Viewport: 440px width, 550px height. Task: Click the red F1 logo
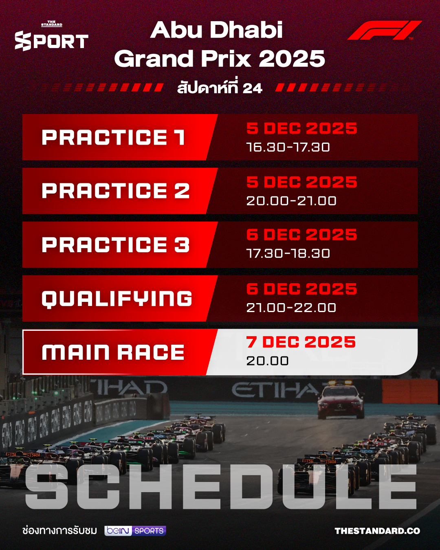click(384, 30)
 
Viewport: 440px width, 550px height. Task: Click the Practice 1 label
click(114, 138)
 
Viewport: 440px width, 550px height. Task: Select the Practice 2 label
click(116, 191)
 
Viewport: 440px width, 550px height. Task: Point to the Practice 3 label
click(116, 245)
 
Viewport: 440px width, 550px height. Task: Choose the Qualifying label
click(117, 299)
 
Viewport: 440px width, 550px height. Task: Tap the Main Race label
click(113, 352)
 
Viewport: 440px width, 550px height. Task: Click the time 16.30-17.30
click(288, 147)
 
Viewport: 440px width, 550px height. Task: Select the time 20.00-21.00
click(291, 201)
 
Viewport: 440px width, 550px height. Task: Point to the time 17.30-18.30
click(288, 253)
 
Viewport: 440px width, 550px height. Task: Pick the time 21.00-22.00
click(291, 308)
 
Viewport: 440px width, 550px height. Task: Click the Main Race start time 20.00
click(267, 361)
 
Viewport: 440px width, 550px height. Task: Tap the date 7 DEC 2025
click(301, 342)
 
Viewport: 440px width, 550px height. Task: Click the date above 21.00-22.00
click(301, 289)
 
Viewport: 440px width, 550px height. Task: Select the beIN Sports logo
click(135, 531)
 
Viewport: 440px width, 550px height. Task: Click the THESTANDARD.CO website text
click(377, 531)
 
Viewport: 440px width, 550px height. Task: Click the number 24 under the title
click(252, 88)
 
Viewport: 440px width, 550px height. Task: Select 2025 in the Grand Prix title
click(292, 59)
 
